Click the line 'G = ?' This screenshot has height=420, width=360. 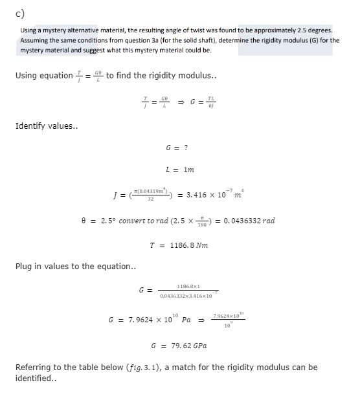(177, 148)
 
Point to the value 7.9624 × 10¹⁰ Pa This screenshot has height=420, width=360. (148, 320)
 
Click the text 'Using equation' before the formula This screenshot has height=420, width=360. (43, 75)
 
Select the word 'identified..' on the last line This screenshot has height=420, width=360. (36, 379)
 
